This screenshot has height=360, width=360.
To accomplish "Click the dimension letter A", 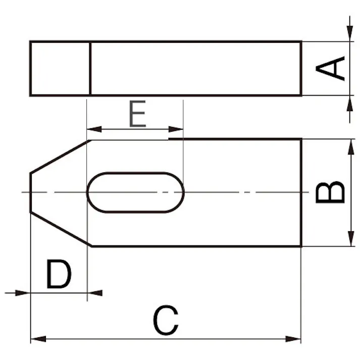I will pos(331,68).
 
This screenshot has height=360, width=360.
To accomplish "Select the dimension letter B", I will pos(331,192).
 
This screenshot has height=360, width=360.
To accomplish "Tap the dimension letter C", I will pos(166,321).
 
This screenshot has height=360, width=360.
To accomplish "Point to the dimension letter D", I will pos(59,275).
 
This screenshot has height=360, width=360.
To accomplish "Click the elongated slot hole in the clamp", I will pos(135,192).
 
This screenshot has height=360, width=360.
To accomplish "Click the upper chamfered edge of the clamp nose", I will pos(59,157).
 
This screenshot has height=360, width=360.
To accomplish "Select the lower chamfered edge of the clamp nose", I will pos(60,229).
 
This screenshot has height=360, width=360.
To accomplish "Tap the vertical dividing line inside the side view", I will pos(90,68).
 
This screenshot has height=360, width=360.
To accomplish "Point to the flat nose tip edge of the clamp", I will pos(30,192).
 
